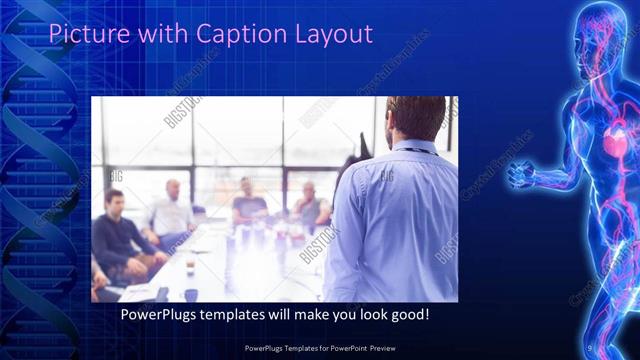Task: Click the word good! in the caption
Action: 406,314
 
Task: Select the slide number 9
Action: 592,347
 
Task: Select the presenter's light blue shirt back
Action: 390,220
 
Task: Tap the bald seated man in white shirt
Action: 173,212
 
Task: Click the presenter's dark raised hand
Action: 349,160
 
